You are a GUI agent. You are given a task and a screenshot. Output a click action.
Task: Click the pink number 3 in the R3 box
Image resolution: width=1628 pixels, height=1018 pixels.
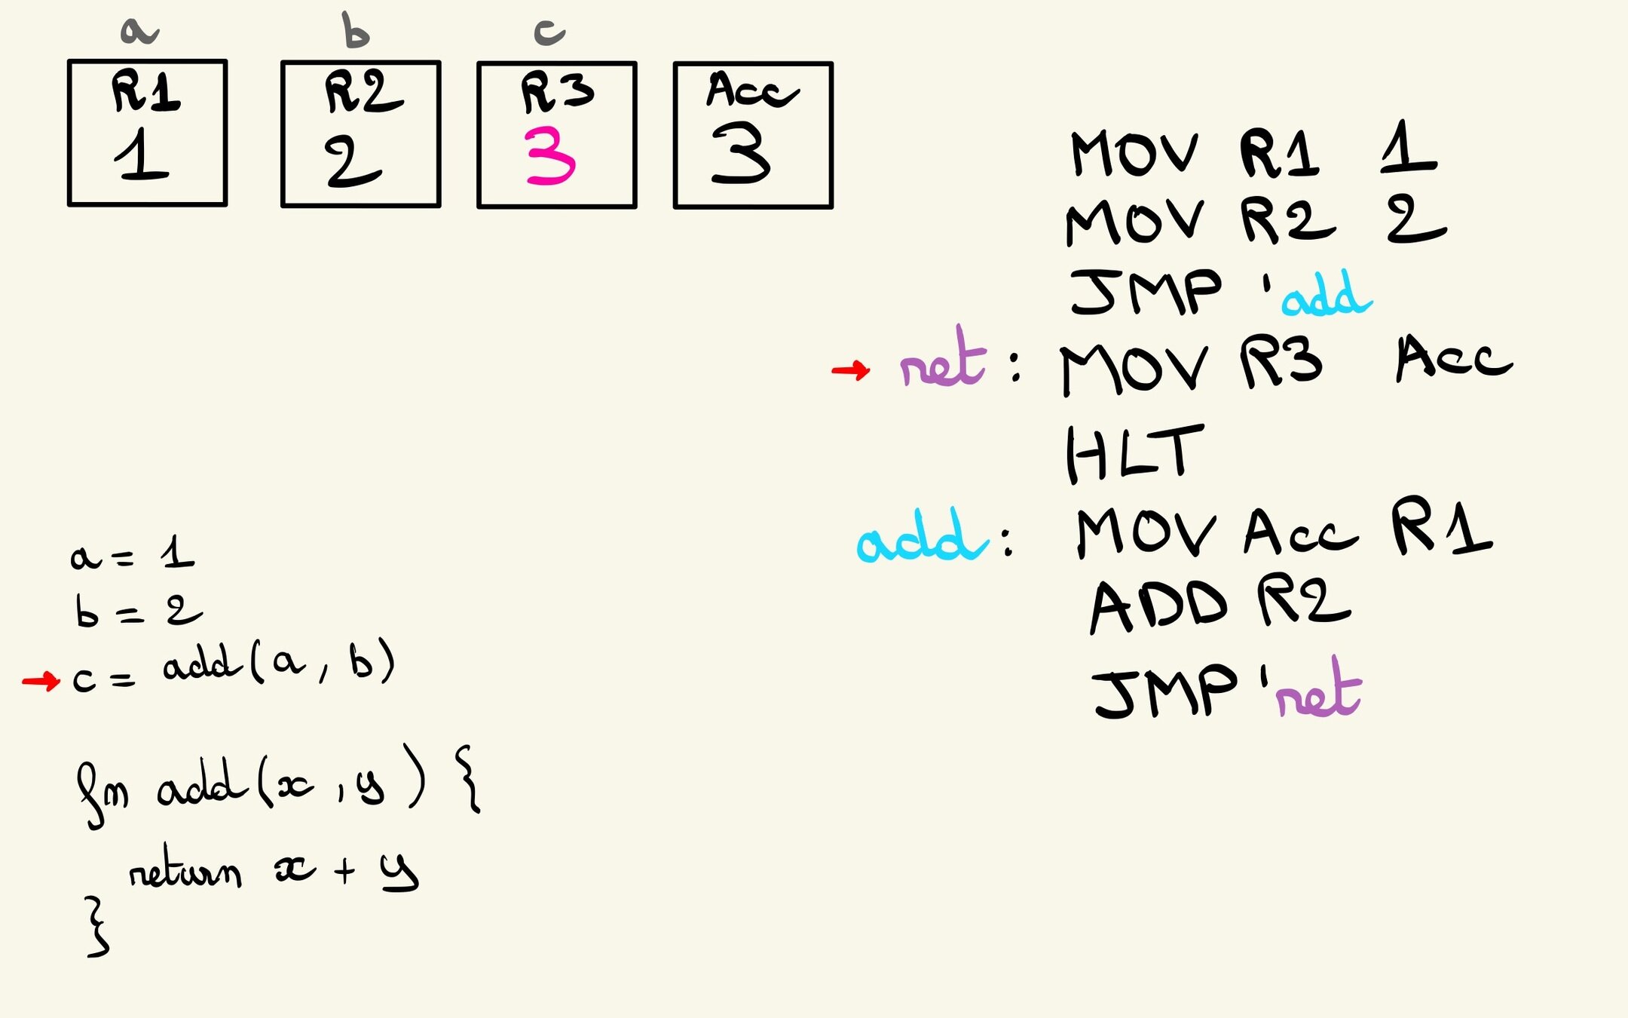(551, 156)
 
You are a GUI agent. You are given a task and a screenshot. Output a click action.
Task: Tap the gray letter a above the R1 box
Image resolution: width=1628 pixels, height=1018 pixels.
(139, 32)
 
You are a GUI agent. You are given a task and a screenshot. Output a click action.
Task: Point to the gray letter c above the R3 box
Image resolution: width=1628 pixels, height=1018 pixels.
(549, 32)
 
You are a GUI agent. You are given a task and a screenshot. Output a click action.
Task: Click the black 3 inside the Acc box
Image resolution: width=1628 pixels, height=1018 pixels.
(741, 154)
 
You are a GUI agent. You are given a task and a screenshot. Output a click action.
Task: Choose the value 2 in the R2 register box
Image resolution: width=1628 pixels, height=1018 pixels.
(353, 161)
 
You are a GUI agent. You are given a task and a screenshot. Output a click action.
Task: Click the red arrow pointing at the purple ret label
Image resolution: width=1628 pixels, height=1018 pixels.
(851, 369)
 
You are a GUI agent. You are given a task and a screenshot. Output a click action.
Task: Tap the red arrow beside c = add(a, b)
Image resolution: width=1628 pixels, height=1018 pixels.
(41, 682)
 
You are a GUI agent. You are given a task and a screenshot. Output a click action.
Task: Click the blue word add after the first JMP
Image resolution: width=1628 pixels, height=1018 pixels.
(1327, 295)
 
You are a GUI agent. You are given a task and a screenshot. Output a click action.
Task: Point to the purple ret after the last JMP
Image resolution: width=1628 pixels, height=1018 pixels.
(1318, 690)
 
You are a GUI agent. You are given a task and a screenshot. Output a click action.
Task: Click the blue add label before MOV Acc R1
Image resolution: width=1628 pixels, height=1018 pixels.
(921, 536)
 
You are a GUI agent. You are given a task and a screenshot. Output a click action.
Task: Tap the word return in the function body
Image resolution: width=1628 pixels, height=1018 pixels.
(185, 872)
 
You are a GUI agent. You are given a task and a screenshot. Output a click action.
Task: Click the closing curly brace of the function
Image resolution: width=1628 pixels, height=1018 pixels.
(96, 927)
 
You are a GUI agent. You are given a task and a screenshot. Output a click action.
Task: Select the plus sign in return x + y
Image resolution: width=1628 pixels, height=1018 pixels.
(344, 870)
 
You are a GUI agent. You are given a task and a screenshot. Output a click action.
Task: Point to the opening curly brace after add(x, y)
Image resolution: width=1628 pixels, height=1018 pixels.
(468, 779)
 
